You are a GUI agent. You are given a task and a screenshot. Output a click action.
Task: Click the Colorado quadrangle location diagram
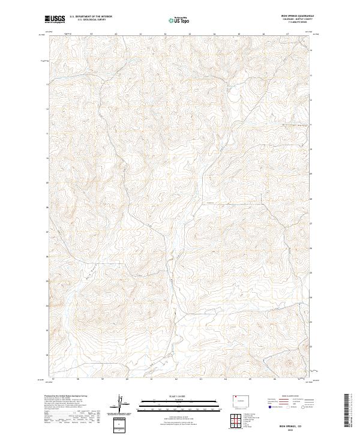(241, 398)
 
